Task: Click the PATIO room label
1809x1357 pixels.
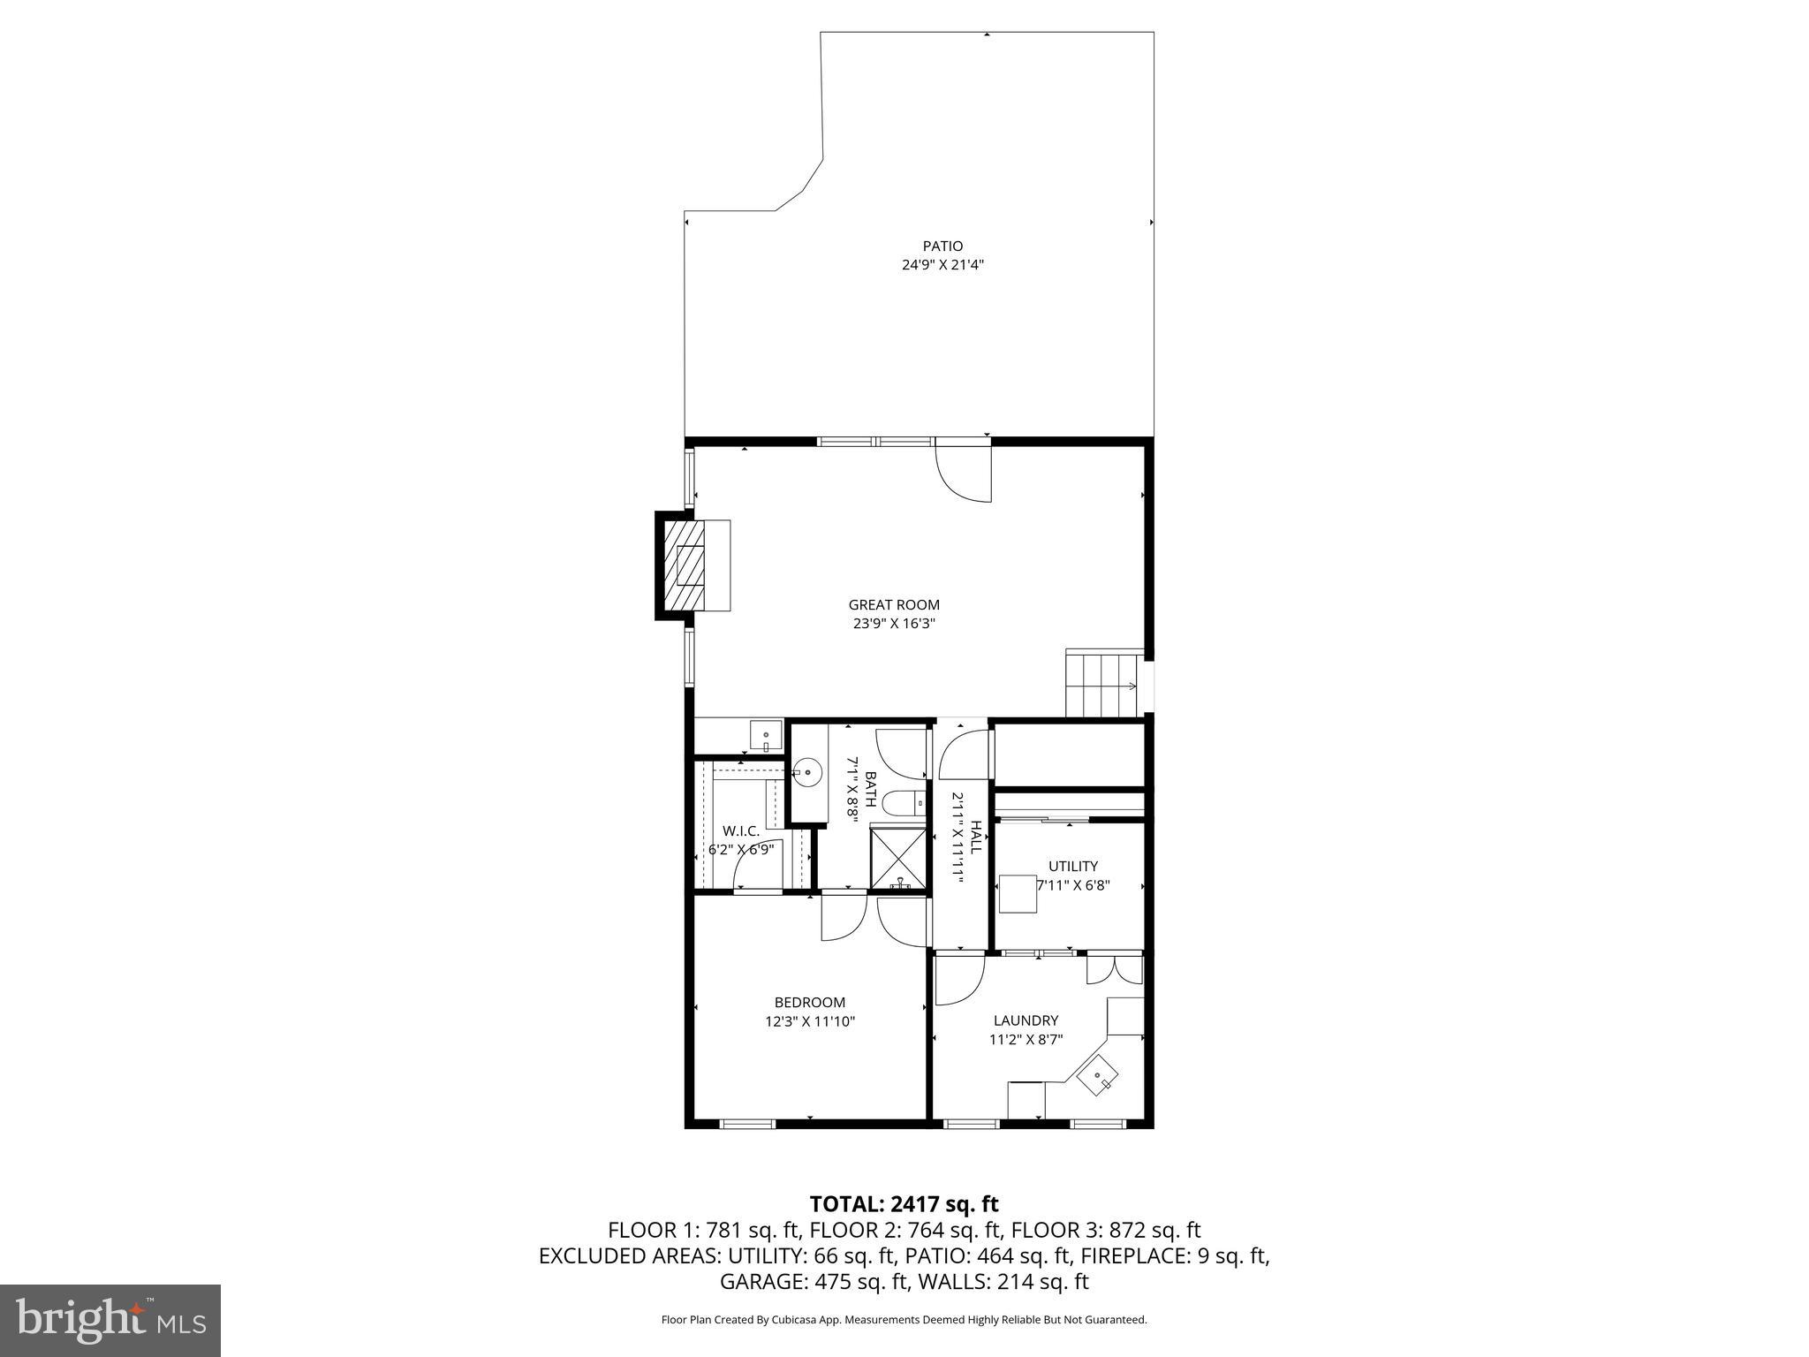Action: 942,246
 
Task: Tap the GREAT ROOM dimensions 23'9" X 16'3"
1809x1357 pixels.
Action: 893,623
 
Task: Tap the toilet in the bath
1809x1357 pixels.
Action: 903,803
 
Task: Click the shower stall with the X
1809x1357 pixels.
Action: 899,857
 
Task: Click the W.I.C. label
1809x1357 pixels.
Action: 740,830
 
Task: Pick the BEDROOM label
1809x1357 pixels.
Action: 809,1002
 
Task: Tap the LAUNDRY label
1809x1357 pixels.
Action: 1025,1020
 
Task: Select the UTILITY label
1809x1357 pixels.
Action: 1072,866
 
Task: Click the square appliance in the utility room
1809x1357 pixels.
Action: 1017,892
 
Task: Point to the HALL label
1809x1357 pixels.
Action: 976,837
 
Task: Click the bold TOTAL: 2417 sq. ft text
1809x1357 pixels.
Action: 904,1203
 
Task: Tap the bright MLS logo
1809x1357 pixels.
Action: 110,1321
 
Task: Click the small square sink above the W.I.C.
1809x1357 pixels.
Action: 766,735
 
